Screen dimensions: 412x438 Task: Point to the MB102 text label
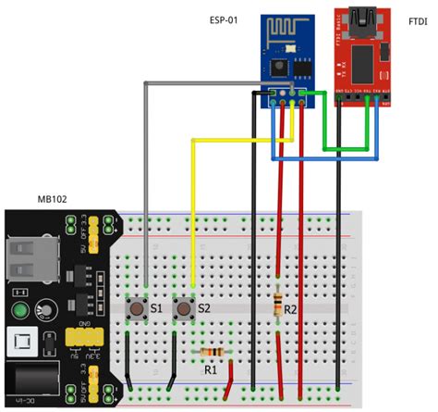coord(54,199)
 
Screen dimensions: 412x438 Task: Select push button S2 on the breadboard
coord(183,308)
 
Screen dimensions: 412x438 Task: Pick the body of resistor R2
coord(279,306)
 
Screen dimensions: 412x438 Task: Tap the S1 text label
coord(155,307)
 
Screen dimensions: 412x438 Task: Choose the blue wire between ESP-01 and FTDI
coord(314,159)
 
